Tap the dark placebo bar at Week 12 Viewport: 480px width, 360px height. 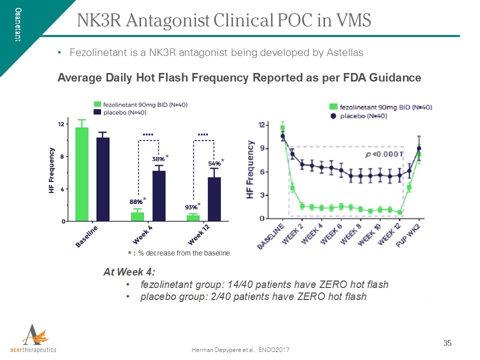[214, 199]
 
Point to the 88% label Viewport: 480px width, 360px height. [135, 201]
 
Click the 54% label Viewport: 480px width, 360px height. [214, 163]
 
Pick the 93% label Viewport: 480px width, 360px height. [190, 206]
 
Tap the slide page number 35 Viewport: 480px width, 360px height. [447, 343]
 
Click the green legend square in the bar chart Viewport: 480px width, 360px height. [98, 104]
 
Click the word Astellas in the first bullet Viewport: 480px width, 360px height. [345, 52]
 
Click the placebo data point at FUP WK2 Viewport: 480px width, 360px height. [419, 148]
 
